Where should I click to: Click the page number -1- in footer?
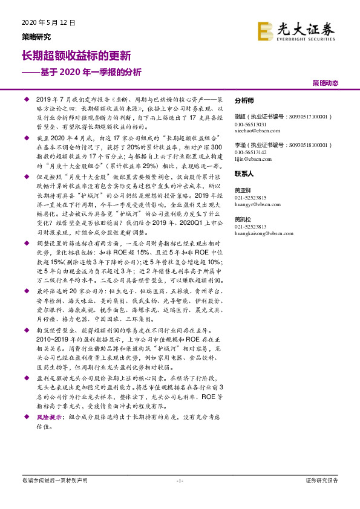179,481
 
